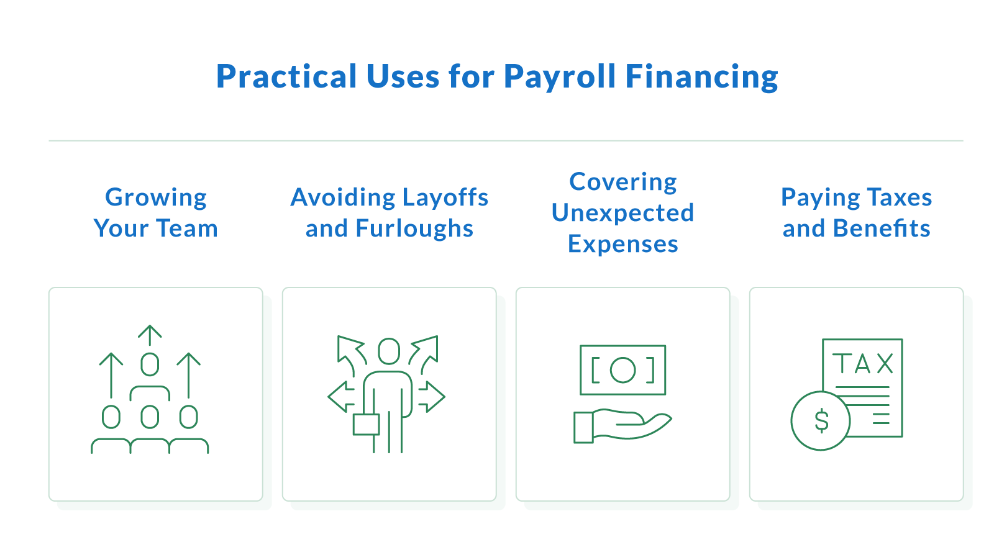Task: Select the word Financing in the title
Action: coord(701,77)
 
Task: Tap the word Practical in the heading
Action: coord(286,77)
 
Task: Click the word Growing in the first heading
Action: coord(156,197)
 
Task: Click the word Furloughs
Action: coord(414,228)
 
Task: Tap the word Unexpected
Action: coord(622,213)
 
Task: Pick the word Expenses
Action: coord(622,244)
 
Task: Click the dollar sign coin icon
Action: coord(821,421)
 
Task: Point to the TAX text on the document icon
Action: coord(863,364)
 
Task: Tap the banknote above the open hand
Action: coord(622,370)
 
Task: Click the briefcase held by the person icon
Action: coord(366,424)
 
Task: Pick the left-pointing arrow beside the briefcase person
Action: coord(340,397)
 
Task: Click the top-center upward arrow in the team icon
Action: coord(150,335)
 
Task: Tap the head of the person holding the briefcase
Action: coord(389,351)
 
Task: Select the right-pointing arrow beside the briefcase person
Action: coord(432,397)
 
